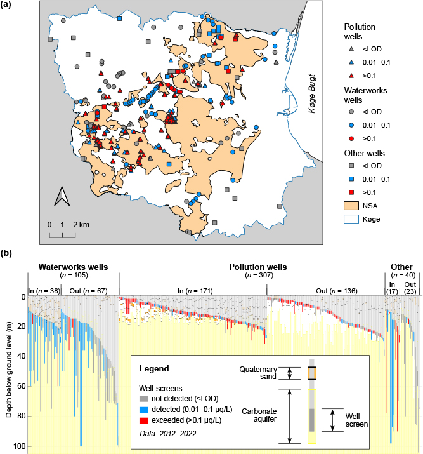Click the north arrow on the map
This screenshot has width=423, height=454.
point(62,197)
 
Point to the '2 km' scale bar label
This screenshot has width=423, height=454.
point(81,225)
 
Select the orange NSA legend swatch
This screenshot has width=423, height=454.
point(353,206)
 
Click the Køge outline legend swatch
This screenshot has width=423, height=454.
point(353,219)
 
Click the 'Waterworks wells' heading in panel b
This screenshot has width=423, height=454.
point(73,267)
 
